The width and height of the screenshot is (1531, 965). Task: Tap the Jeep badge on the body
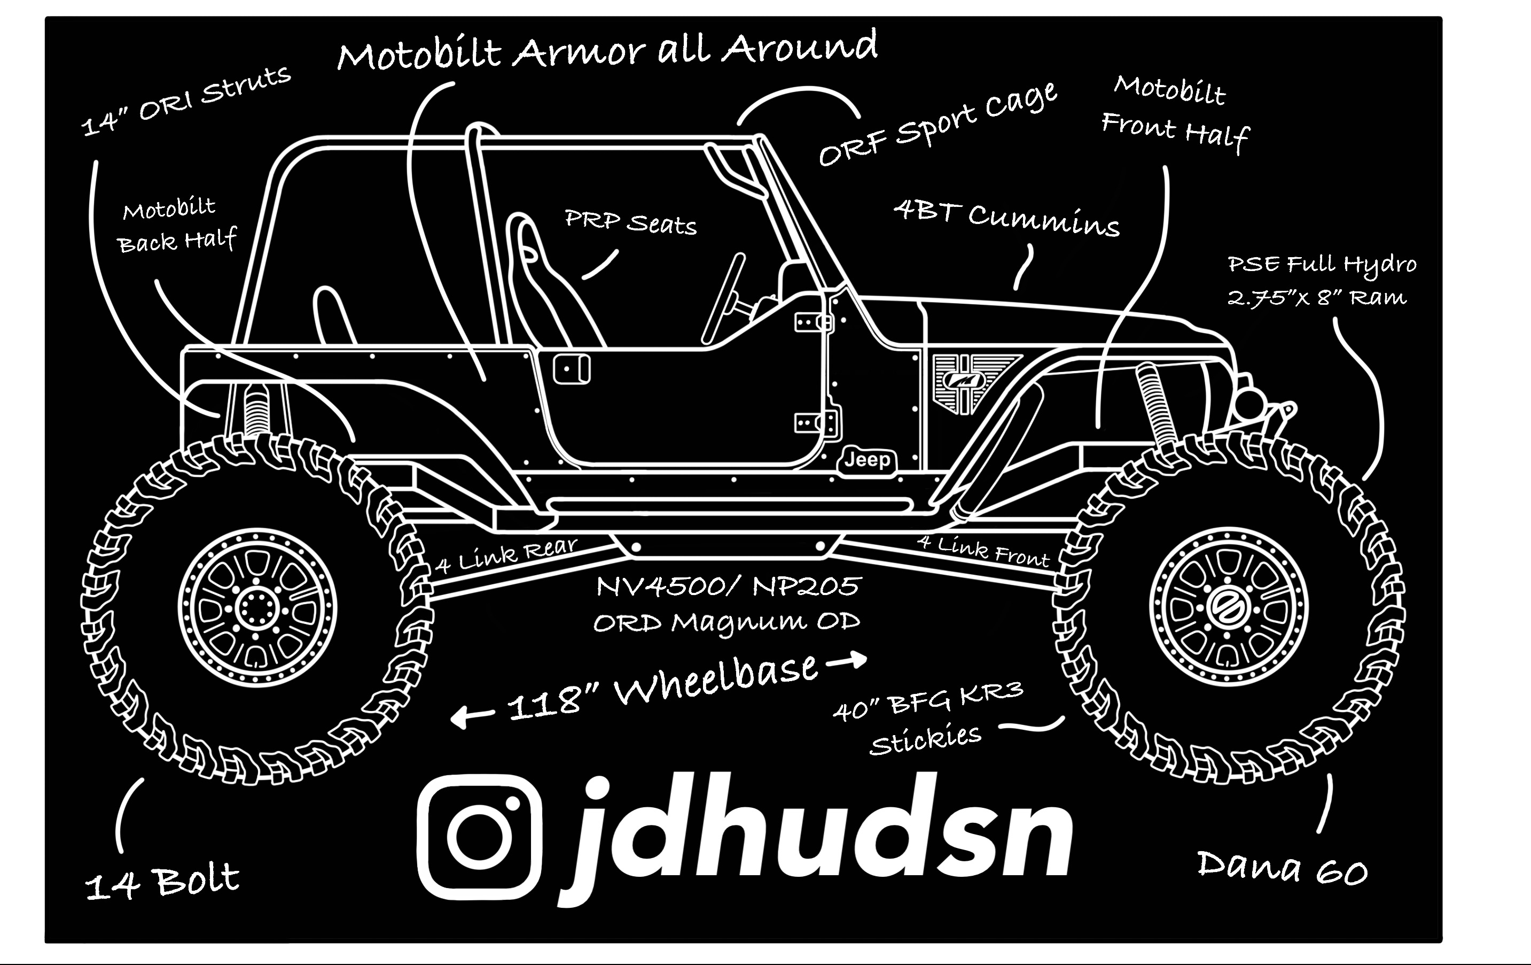coord(867,460)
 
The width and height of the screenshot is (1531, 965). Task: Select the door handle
coord(572,369)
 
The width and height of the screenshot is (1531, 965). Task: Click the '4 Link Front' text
coord(982,551)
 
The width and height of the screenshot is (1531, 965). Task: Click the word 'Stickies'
coord(925,739)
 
